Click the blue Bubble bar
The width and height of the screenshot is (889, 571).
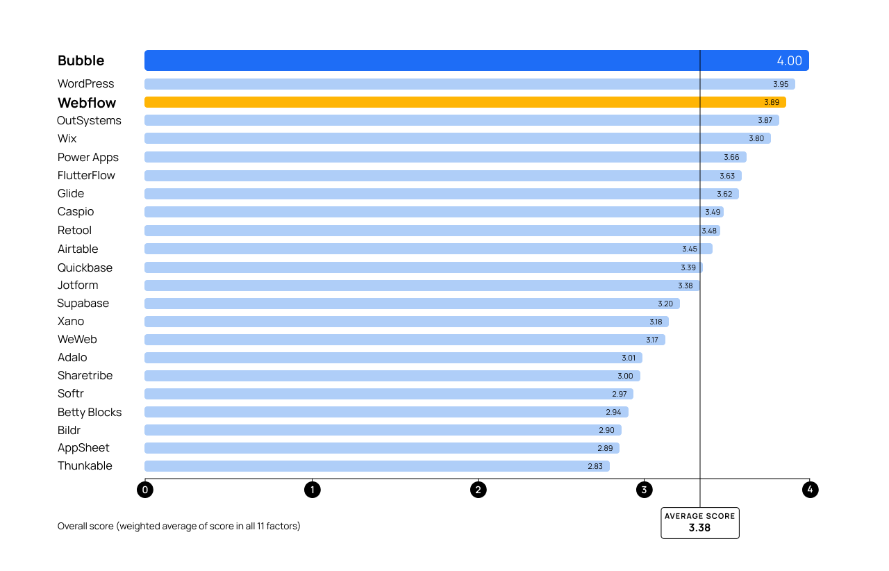tap(417, 60)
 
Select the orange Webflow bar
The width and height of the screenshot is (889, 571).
tap(417, 102)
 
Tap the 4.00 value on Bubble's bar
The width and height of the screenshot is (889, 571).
tap(789, 60)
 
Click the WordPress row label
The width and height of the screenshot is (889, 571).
tap(85, 84)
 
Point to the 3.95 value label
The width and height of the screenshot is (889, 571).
tap(781, 84)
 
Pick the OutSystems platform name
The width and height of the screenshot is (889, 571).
tap(89, 121)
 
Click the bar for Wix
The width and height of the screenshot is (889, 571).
tap(417, 138)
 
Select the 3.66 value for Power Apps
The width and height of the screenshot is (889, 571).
tap(731, 157)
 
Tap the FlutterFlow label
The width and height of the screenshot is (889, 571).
tap(86, 176)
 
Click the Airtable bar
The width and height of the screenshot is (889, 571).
tap(417, 249)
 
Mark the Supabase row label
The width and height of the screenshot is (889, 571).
tap(83, 304)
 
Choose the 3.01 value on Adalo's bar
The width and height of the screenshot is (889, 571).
tap(629, 358)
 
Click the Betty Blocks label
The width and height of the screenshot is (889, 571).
tap(90, 413)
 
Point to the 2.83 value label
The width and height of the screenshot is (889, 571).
tap(595, 466)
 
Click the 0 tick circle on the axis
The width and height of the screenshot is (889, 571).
tap(145, 490)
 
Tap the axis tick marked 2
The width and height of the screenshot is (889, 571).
tap(478, 490)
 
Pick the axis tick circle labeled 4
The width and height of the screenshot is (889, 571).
tap(810, 490)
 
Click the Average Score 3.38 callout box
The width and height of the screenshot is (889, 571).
tap(699, 522)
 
